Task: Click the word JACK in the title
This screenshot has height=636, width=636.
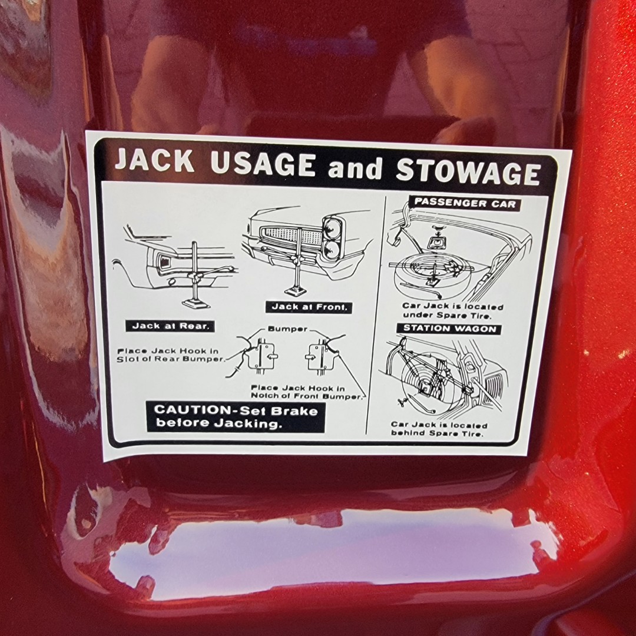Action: tap(154, 160)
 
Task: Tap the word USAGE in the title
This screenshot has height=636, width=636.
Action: tap(263, 164)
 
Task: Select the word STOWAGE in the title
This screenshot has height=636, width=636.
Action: tap(468, 171)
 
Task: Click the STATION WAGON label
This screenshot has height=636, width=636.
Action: tap(450, 329)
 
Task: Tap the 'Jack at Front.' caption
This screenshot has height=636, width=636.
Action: tap(309, 307)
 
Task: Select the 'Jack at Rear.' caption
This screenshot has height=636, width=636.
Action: tap(170, 326)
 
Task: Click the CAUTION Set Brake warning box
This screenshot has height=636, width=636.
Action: tap(236, 416)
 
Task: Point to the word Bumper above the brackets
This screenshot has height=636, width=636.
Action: tap(287, 329)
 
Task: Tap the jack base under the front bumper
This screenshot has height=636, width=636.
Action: tap(297, 291)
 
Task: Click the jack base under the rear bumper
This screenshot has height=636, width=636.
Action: tap(196, 303)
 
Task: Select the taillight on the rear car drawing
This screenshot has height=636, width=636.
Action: tap(164, 263)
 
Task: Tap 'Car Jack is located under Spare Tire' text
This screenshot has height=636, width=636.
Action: tap(452, 311)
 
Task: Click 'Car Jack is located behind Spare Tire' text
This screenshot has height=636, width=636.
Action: tap(439, 429)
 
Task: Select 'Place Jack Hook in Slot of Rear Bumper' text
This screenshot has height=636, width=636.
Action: tap(170, 355)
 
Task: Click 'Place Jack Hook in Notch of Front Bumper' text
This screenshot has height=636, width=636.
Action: tap(305, 392)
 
